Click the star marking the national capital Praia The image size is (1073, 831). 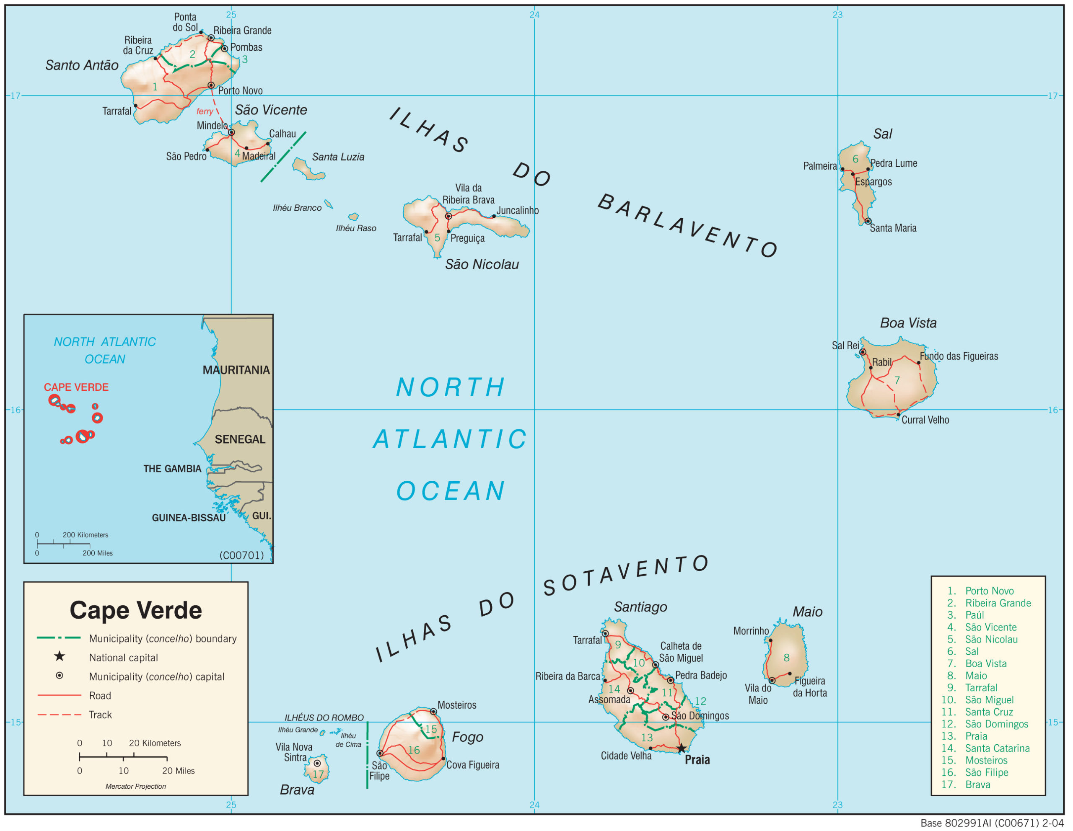[681, 748]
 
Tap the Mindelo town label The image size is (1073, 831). [212, 126]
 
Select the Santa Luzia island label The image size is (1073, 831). [338, 157]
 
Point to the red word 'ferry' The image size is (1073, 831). [205, 111]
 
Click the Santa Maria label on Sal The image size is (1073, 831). [893, 228]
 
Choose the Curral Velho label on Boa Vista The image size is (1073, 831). [925, 420]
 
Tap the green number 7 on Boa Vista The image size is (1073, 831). [897, 380]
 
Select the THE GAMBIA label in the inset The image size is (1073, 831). [172, 469]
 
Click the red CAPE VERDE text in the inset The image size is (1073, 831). [76, 387]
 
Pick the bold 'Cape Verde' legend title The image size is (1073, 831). [136, 610]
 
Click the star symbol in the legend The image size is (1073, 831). [60, 657]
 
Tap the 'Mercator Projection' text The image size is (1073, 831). [136, 786]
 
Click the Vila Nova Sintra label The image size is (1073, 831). [294, 752]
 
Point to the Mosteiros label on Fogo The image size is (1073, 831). [456, 705]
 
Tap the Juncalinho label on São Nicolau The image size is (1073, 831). [517, 211]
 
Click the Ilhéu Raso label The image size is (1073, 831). [356, 228]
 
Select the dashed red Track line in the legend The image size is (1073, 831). [60, 715]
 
